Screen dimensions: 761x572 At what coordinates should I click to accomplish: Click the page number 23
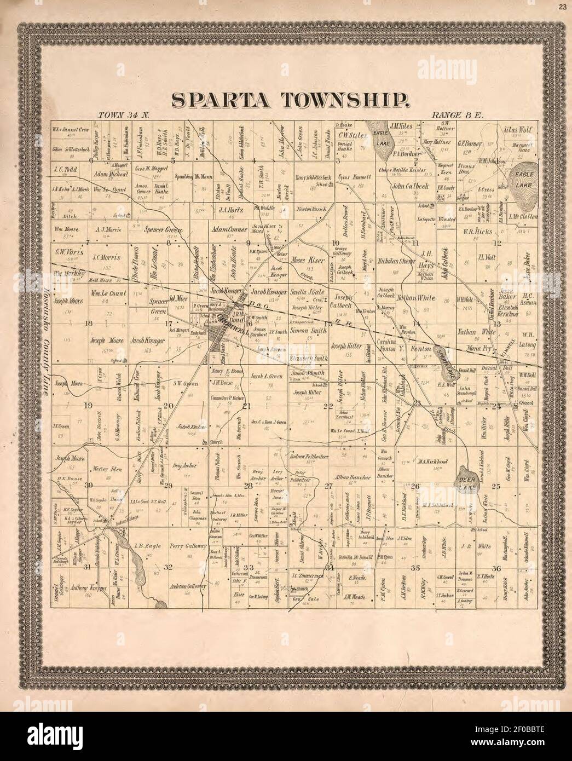563,7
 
